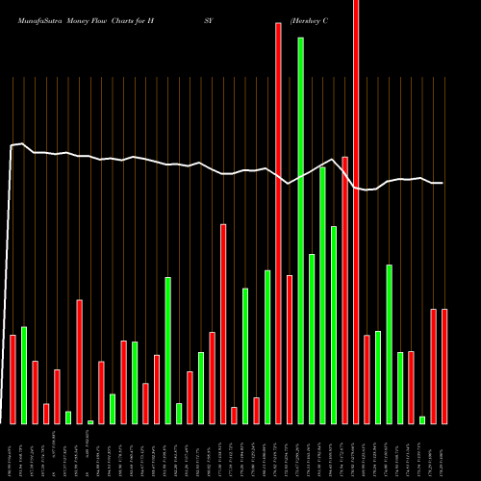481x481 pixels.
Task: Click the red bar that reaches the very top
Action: click(x=356, y=212)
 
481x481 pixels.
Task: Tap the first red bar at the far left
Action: click(x=13, y=379)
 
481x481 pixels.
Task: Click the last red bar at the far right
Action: click(x=444, y=367)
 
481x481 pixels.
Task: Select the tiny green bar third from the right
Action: click(x=422, y=419)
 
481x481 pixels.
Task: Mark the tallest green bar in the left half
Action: click(x=167, y=350)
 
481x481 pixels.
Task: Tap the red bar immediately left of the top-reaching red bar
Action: click(x=344, y=290)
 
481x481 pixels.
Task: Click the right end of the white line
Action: click(x=443, y=183)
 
